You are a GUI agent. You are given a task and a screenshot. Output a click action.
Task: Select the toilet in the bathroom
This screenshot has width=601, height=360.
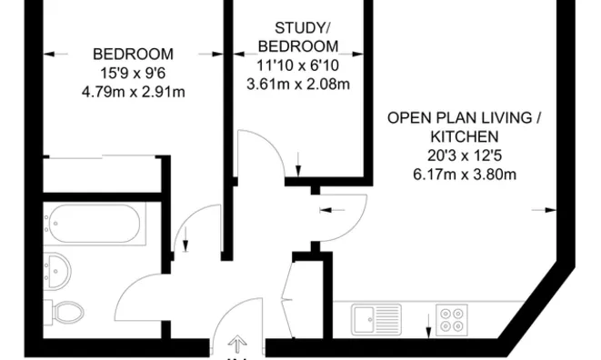tap(65, 312)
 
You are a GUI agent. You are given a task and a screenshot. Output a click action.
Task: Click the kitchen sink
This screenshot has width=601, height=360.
tap(376, 319)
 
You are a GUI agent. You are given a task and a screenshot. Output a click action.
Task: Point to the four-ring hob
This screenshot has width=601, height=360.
tap(452, 319)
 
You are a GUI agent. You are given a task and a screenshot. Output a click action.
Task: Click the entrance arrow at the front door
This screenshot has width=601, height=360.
tap(238, 344)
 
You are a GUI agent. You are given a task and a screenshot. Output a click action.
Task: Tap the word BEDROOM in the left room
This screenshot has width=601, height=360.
tap(133, 54)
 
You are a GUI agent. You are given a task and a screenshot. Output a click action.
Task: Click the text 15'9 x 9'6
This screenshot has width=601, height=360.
tap(133, 73)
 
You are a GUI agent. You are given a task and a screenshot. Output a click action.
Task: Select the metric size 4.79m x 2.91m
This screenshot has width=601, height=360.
tap(133, 92)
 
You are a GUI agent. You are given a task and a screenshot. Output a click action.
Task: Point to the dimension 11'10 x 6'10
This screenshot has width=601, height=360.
tap(298, 65)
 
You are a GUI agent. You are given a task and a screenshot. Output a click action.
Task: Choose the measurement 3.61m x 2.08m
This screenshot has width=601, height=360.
tap(298, 85)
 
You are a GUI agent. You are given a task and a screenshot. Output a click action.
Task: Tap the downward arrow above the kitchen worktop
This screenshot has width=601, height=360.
tap(428, 323)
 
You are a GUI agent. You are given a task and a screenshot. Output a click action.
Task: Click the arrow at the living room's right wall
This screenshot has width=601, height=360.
tap(549, 210)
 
